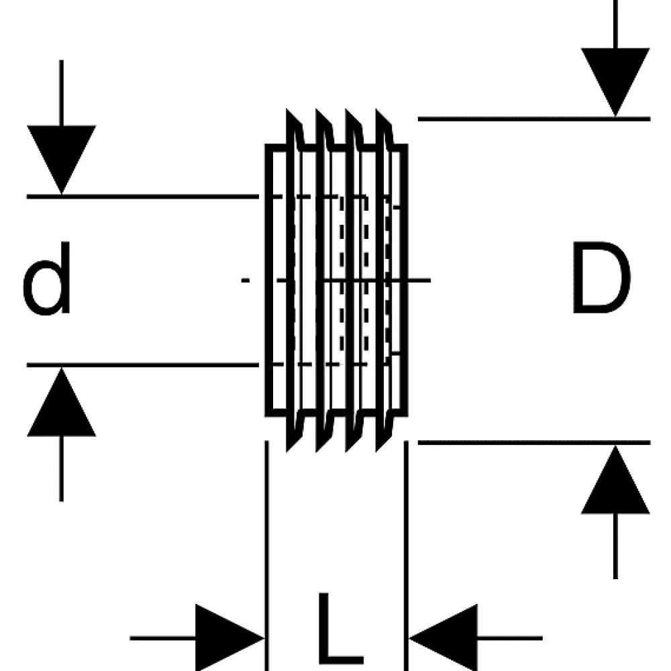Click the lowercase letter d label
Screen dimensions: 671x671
coord(47,278)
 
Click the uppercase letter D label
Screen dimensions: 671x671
coord(601,277)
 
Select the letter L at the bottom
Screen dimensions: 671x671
coord(340,629)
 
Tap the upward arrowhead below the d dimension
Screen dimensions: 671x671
coord(62,402)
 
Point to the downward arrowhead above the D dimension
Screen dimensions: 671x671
coord(615,82)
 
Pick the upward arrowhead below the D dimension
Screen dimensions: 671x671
coord(615,479)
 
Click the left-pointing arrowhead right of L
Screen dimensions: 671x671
coord(444,638)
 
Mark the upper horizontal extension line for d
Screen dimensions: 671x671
coord(143,197)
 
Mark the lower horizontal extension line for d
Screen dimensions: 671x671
coord(143,365)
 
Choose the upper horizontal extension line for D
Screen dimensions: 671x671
coord(534,119)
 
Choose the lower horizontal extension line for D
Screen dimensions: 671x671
coord(534,442)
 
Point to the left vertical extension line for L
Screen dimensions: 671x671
coord(267,556)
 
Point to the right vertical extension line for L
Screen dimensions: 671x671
coord(406,556)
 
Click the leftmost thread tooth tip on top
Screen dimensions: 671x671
coord(287,109)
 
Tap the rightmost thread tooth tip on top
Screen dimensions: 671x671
coord(377,109)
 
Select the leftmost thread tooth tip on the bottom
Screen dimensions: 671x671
coord(287,452)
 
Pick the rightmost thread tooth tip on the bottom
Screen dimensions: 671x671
coord(377,452)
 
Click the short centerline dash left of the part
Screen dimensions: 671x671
coord(245,280)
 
